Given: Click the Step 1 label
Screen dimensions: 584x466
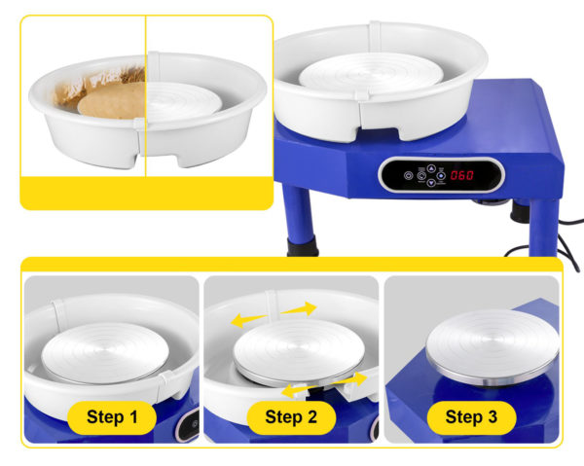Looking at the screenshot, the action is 112,417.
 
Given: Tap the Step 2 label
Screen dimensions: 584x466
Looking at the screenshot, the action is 291,417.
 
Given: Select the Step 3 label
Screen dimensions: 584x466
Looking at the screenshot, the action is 471,417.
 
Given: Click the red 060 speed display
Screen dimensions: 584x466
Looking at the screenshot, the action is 461,175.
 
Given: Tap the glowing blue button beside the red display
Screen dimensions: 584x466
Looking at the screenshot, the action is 441,175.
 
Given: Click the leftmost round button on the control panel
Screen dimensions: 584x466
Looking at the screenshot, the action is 409,175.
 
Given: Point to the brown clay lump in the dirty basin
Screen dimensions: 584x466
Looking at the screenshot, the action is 112,101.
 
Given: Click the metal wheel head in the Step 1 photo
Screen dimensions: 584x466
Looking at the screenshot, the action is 105,352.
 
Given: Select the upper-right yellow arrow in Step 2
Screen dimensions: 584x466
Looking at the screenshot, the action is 299,308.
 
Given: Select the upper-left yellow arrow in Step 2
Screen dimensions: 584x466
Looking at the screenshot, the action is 249,319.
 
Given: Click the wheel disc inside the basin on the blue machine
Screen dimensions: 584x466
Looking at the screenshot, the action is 371,73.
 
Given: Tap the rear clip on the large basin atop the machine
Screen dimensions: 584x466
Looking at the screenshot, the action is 375,37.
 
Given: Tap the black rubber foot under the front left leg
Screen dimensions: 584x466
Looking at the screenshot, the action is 303,246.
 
